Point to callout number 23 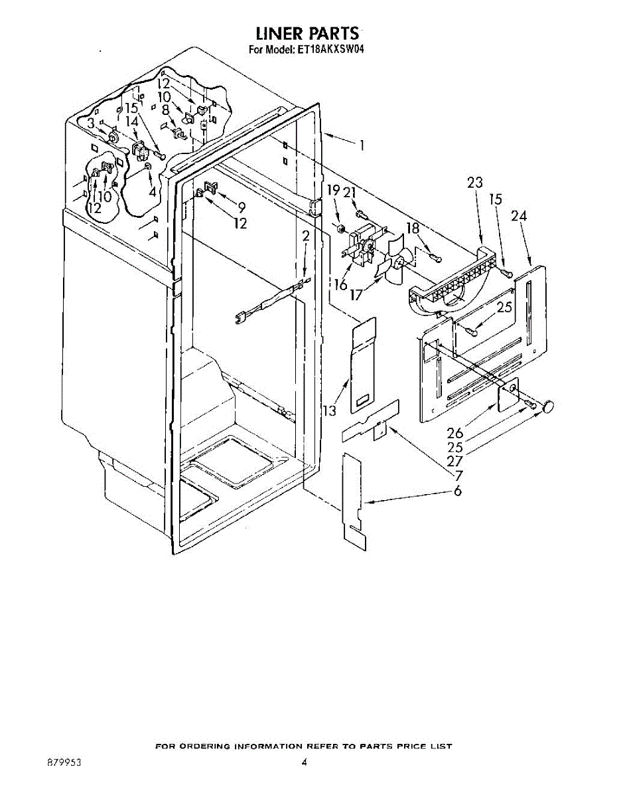[475, 182]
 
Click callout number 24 [519, 217]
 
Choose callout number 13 [330, 410]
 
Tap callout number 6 [458, 490]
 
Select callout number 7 [458, 476]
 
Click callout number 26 [455, 433]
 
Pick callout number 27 [455, 461]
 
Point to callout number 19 [333, 191]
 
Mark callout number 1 [362, 145]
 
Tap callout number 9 [242, 208]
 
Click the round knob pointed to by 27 [547, 406]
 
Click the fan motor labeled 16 [361, 246]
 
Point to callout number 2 [306, 236]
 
